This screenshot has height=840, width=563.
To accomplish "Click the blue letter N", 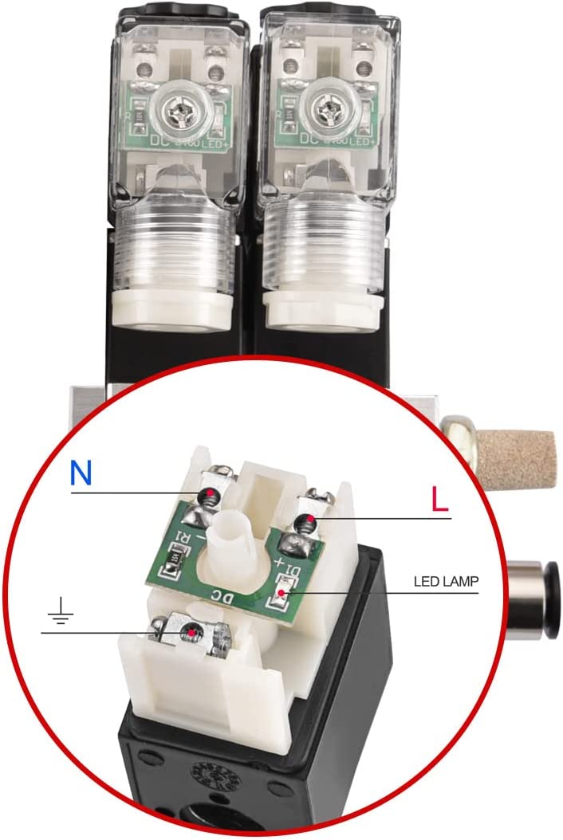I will pyautogui.click(x=81, y=473).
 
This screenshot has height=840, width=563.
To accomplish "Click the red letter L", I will pyautogui.click(x=439, y=499).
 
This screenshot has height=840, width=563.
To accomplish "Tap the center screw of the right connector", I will pyautogui.click(x=328, y=108).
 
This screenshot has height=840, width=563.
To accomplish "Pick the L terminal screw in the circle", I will pyautogui.click(x=305, y=523).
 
